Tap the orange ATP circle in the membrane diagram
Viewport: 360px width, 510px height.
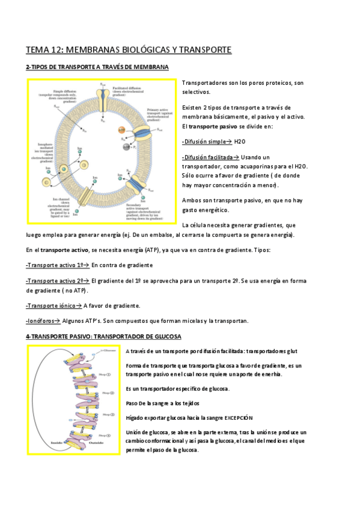[123, 129]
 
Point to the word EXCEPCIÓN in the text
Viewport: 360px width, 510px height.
[239, 417]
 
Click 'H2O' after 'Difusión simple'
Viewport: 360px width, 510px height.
[240, 141]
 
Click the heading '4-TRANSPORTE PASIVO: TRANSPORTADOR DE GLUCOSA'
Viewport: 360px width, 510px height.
[103, 336]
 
